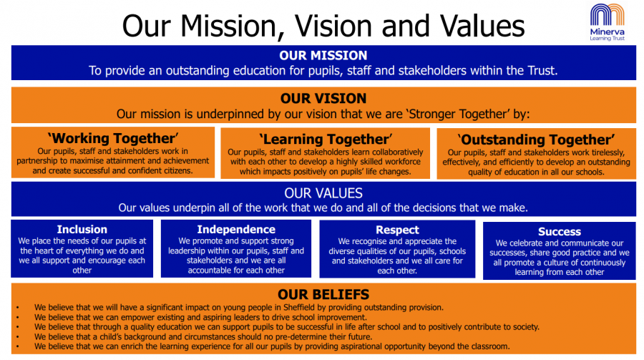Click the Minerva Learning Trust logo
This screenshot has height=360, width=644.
click(607, 22)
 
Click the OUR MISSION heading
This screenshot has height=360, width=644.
click(323, 56)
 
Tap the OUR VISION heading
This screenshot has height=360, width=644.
click(323, 99)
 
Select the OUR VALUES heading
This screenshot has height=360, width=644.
click(323, 193)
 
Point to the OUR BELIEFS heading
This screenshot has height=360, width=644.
click(323, 294)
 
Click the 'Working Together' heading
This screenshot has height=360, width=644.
click(113, 139)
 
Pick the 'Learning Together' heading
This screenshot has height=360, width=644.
click(326, 140)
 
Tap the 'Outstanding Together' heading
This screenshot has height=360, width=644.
click(536, 140)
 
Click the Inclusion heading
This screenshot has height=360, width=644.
click(82, 229)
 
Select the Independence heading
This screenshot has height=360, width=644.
click(236, 229)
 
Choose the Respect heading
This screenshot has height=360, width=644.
click(397, 230)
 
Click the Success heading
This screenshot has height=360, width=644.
click(560, 232)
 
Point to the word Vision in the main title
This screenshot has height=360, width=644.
click(332, 26)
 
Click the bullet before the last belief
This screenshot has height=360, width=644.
click(18, 347)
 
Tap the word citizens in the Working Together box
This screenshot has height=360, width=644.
click(178, 170)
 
